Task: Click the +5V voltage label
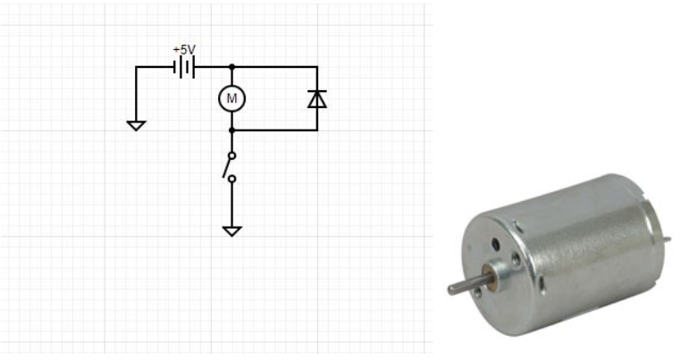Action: (184, 49)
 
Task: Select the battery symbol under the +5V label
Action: (184, 67)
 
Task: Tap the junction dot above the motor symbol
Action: (231, 67)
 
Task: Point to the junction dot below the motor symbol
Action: (231, 130)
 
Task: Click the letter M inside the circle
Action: (232, 98)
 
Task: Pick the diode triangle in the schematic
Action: (317, 100)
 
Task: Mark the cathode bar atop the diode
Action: (317, 91)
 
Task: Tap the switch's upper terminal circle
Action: (231, 155)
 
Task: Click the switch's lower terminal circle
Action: (231, 179)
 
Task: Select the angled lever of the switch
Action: (227, 168)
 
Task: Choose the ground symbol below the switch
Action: (232, 231)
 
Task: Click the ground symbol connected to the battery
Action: (136, 126)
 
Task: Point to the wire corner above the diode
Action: (317, 67)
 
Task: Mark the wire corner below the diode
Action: (317, 130)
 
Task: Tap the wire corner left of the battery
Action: (136, 67)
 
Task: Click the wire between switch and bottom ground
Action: (231, 205)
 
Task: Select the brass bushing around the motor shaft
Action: (490, 278)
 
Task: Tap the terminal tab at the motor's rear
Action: (667, 239)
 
